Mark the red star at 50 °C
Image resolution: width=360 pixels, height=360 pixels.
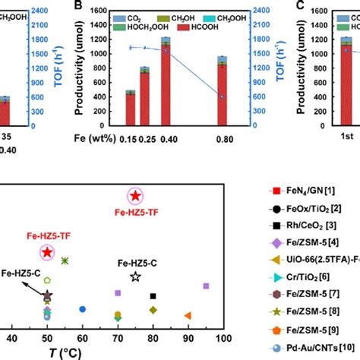47,252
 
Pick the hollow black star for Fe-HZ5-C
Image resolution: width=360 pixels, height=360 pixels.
135,277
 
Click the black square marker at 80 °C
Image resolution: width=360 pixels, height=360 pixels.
153,296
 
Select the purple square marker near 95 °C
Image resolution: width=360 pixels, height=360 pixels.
206,286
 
